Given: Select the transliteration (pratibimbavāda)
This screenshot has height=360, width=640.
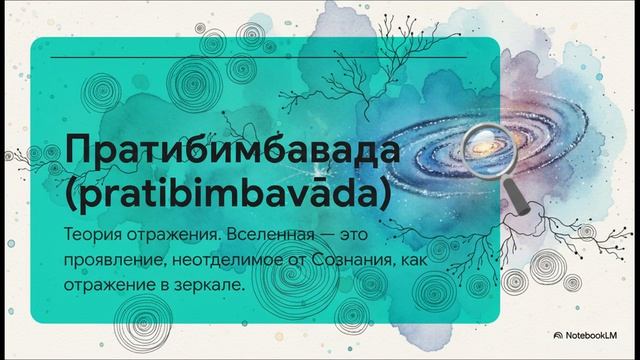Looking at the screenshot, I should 225,194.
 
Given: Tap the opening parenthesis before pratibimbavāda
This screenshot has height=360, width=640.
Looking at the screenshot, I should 71,194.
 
